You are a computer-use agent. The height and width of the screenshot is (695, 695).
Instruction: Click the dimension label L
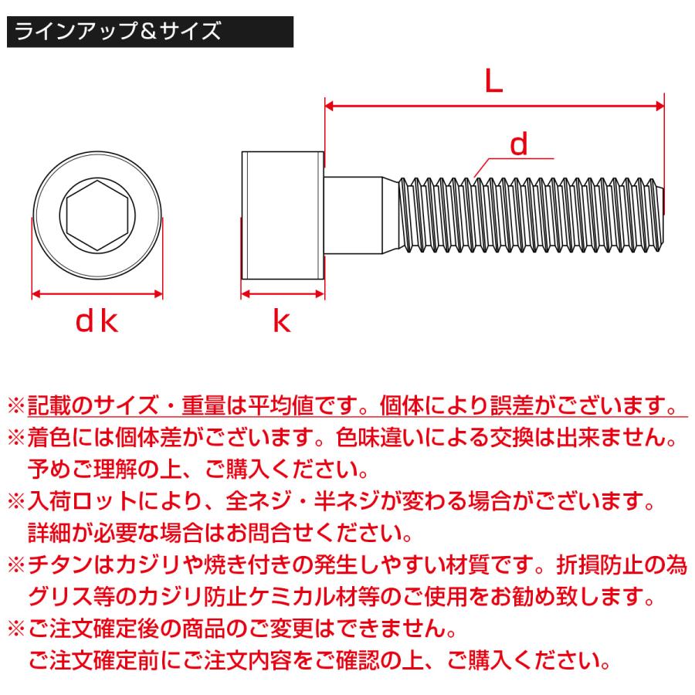(x=494, y=80)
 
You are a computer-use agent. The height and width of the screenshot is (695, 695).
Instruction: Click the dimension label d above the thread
(x=520, y=144)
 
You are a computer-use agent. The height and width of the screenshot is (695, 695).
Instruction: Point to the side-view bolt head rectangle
(x=282, y=217)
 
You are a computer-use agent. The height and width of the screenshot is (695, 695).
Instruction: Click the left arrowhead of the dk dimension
(x=36, y=293)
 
